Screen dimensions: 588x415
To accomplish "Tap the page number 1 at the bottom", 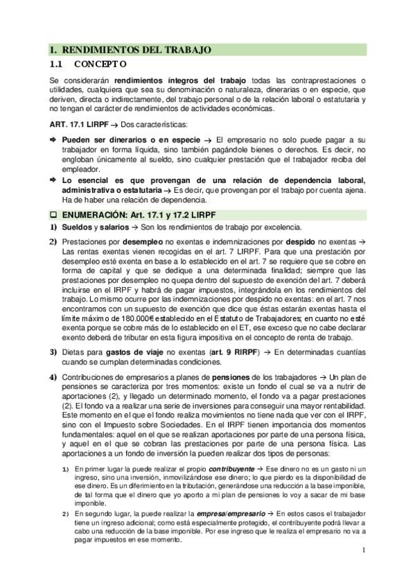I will click(x=363, y=551).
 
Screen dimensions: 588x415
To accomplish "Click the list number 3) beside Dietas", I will click(x=53, y=353).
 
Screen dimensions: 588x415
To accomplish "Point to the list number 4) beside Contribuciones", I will click(x=53, y=377).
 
